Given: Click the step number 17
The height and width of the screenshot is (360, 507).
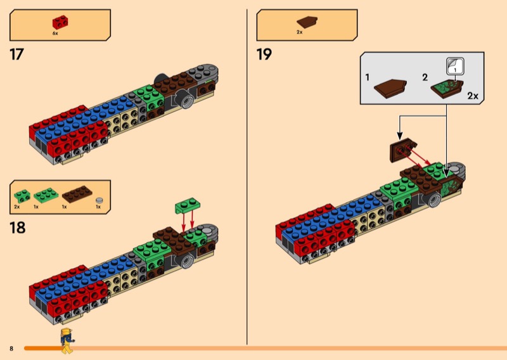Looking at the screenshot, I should point(16,55).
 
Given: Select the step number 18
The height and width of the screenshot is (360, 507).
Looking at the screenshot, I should point(17,227).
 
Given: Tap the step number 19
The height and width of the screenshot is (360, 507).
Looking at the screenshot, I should point(264,55).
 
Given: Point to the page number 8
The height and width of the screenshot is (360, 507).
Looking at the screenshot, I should point(11,349).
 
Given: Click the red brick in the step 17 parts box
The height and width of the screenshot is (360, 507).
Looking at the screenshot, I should point(61,22).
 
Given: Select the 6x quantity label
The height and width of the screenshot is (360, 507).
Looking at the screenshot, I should point(56,32).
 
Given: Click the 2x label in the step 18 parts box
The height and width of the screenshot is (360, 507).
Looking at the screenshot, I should point(17,207).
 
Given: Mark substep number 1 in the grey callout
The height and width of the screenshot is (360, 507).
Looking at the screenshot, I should point(368,77).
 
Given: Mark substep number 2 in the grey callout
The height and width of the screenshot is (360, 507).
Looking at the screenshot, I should point(425,77).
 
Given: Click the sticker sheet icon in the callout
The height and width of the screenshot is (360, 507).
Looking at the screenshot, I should point(455,66).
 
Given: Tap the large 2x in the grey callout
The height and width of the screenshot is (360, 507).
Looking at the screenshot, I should point(472,96).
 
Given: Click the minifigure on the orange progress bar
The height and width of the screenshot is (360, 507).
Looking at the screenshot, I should point(66,340).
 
